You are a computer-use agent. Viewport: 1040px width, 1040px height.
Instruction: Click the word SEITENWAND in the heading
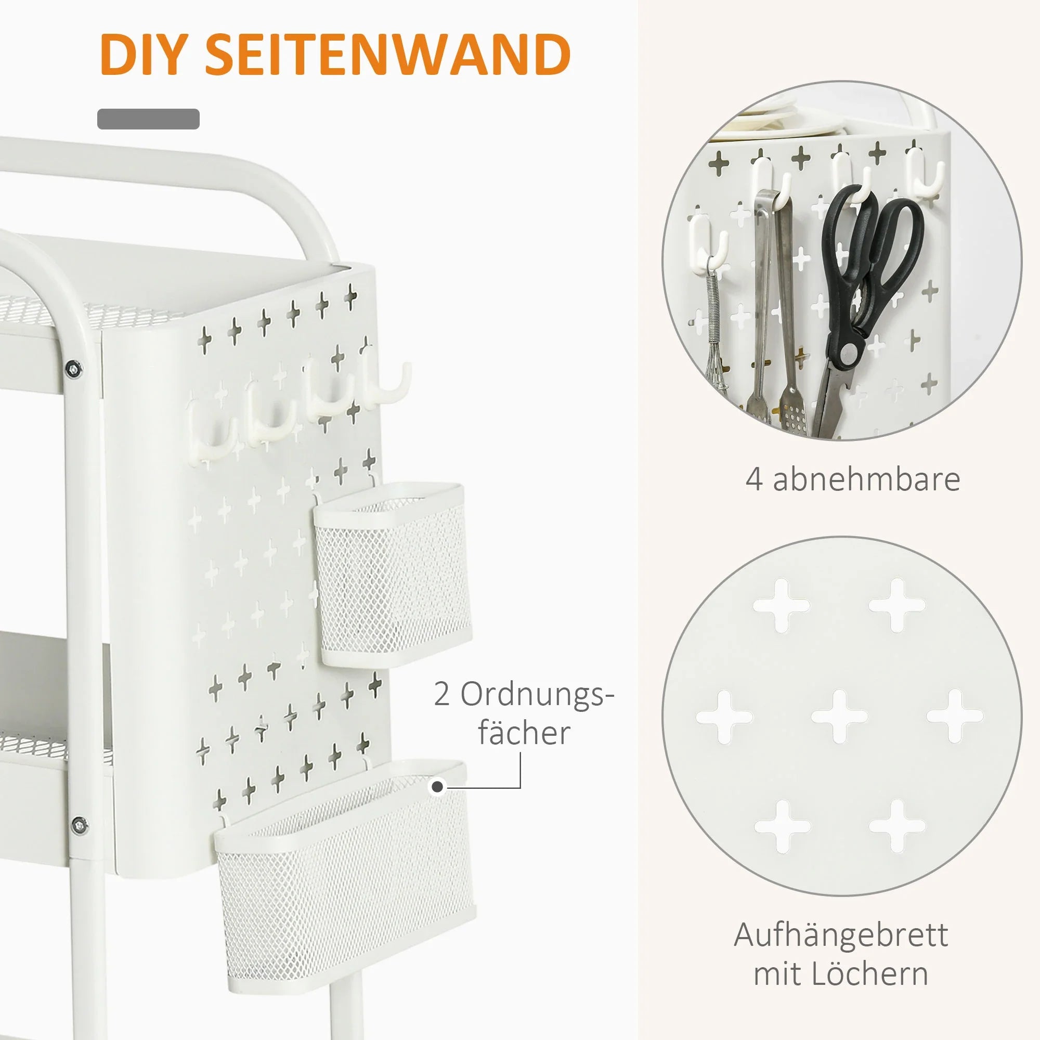[x=388, y=55]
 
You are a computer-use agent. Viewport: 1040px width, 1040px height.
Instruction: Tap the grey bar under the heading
[x=148, y=119]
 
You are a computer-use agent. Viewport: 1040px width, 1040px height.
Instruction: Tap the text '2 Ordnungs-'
[x=524, y=694]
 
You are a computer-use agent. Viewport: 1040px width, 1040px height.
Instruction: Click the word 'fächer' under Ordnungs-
[x=524, y=733]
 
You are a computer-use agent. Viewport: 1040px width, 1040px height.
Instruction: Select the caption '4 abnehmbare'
[x=853, y=479]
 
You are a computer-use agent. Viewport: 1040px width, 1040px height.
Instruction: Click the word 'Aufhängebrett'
[x=841, y=935]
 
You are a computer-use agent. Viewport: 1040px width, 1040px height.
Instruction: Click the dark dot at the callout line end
[x=438, y=787]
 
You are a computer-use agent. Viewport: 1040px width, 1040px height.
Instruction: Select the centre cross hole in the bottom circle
[x=839, y=717]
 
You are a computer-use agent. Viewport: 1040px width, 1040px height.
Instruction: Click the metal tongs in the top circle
[x=775, y=307]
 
